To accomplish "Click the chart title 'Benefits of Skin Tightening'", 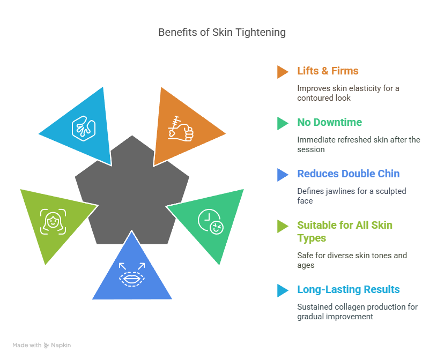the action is point(221,33).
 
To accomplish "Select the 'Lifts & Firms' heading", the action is point(328,71).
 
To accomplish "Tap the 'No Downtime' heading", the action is point(330,123).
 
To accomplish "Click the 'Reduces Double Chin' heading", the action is point(349,174).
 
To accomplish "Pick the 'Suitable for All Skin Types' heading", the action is point(345,231).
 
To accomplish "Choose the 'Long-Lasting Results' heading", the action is point(349,290).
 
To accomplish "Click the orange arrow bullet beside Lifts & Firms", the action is point(283,72).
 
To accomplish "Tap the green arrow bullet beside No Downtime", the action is point(283,123).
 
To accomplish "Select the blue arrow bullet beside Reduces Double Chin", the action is point(283,175).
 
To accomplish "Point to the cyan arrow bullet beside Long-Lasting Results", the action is point(283,290).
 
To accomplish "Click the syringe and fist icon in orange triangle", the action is point(181,129).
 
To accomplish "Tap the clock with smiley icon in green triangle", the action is point(211,221).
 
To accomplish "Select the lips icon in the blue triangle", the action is point(132,275).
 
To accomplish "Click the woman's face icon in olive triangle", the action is point(53,222).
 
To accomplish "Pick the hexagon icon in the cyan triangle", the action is point(84,129).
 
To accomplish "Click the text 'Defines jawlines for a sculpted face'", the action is point(351,196).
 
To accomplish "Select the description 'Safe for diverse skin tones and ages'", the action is point(352,260).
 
